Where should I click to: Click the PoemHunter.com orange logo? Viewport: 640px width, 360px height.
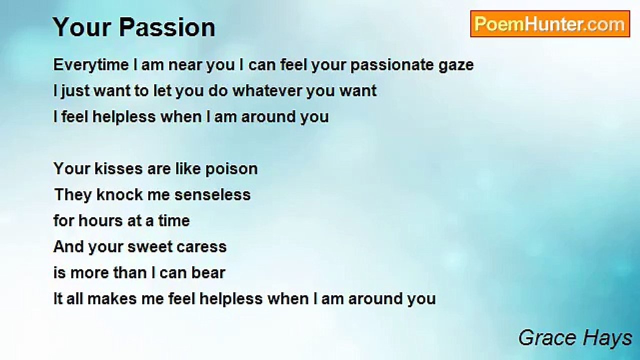550,24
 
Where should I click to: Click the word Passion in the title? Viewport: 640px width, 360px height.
167,27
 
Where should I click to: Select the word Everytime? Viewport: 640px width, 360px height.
91,65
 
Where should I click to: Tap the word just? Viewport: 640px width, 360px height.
75,91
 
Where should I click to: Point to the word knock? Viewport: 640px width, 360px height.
119,194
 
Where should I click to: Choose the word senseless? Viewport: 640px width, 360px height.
212,195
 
